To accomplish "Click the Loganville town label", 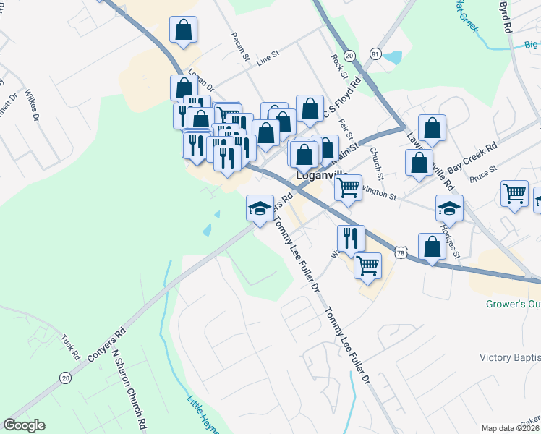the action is (x=323, y=176).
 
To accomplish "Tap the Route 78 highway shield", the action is (x=403, y=252).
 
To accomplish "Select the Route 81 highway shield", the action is (x=374, y=54).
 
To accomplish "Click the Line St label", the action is (x=268, y=55).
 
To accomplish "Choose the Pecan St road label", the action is (x=240, y=46).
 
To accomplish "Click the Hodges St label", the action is (x=452, y=239).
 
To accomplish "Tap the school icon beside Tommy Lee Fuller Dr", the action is (x=259, y=208).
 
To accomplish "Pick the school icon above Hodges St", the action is (x=449, y=208).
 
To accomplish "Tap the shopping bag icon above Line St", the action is (x=184, y=30).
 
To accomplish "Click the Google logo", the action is (x=24, y=425).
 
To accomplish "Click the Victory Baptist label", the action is (x=510, y=357).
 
